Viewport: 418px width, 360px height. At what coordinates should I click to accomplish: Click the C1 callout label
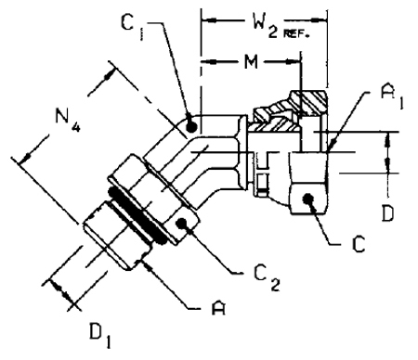133,27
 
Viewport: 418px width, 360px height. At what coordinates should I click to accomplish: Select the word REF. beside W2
296,34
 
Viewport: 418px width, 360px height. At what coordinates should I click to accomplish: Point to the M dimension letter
251,62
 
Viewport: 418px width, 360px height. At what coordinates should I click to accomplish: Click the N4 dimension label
68,119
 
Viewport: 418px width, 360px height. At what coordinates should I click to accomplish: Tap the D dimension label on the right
387,212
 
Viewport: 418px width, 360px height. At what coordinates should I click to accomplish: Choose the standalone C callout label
359,244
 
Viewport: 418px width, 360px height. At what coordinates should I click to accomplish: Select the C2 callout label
267,277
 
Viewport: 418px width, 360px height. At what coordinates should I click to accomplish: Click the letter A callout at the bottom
218,308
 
